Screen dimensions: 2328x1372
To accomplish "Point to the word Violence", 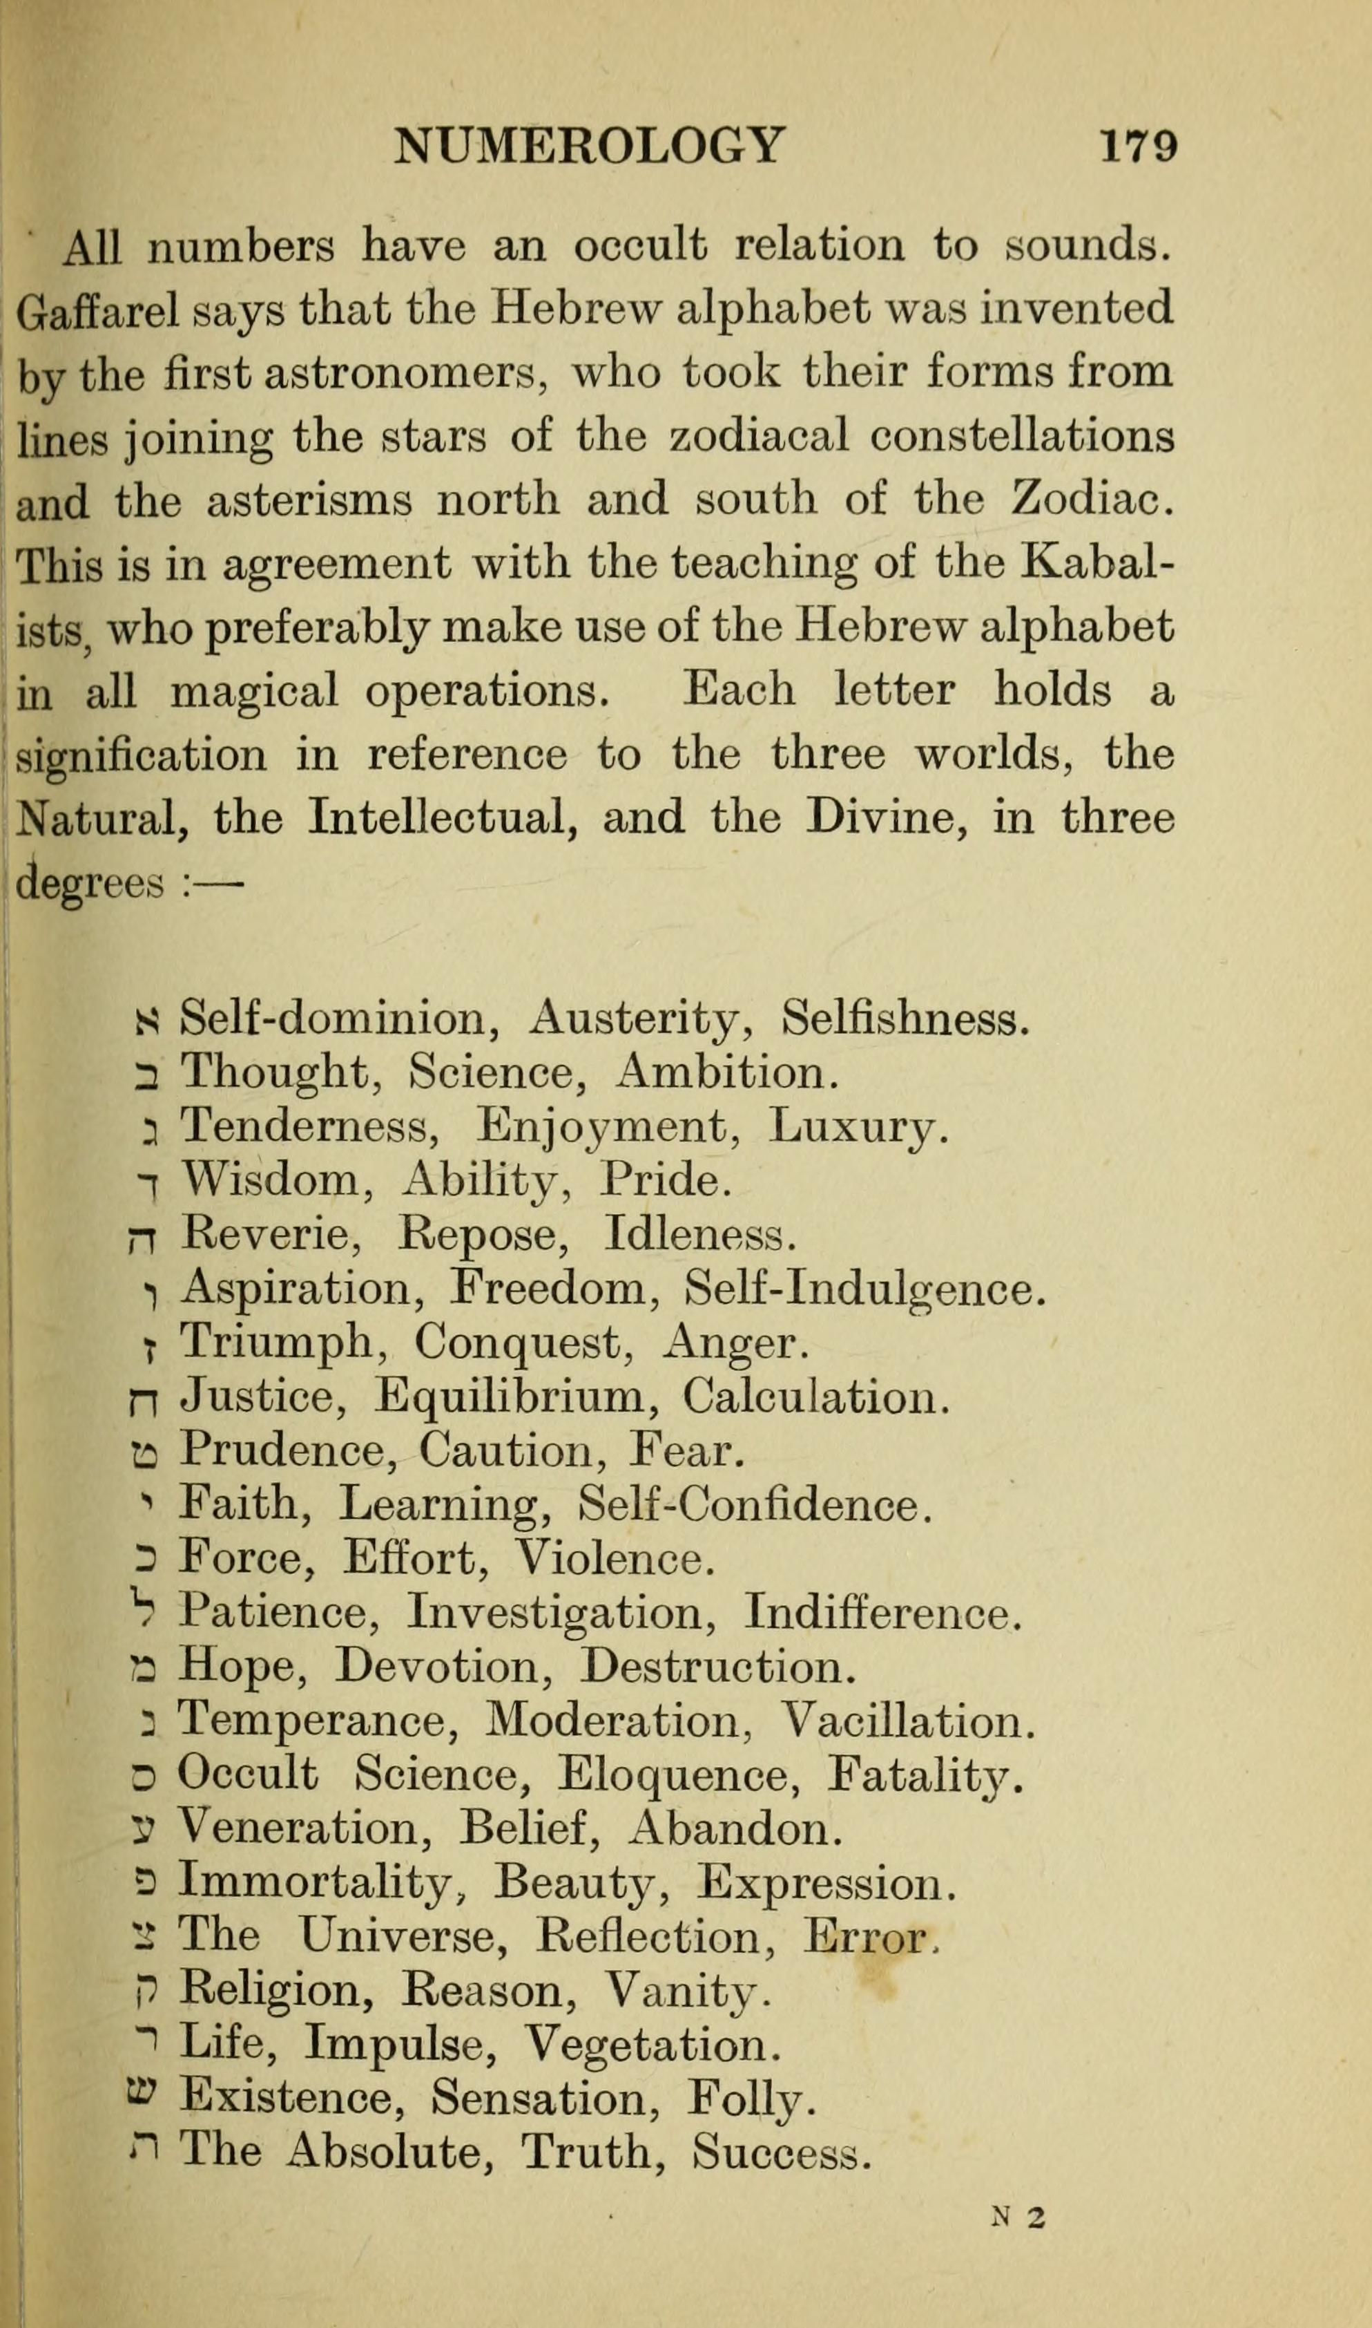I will (x=614, y=1558).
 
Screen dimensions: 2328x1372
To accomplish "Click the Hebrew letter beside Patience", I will (x=144, y=1611).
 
